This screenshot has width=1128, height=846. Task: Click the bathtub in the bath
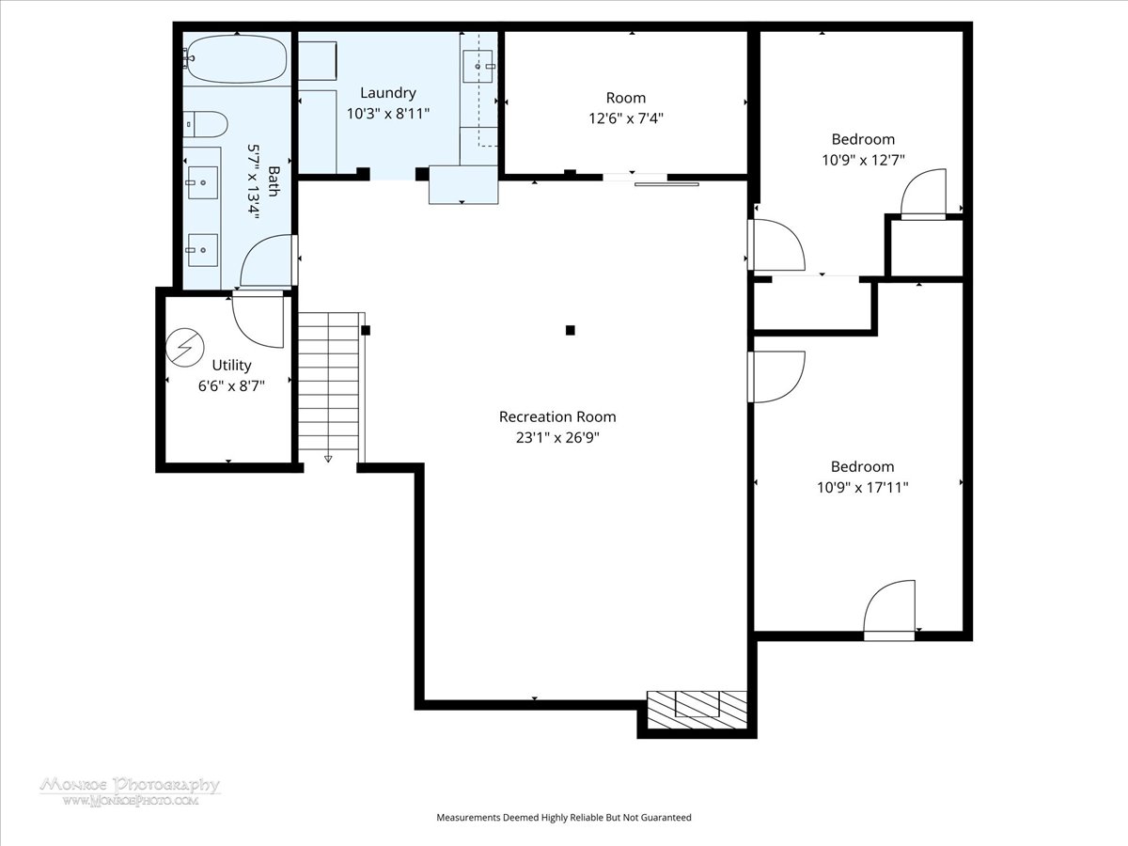(236, 59)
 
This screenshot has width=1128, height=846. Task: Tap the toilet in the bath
(205, 124)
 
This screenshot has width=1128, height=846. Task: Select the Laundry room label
(387, 93)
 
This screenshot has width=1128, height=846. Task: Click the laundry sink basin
(478, 66)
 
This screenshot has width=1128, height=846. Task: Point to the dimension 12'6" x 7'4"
(626, 118)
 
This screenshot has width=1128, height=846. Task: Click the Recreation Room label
(557, 416)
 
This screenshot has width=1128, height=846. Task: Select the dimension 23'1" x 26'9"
(557, 438)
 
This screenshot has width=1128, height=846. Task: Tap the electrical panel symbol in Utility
(185, 348)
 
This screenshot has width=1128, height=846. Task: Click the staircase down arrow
(328, 459)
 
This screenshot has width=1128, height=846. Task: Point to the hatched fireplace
(697, 710)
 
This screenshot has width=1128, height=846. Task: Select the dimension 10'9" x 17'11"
(863, 488)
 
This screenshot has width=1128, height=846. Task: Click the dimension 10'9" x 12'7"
(863, 160)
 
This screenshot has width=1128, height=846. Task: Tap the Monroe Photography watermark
(130, 791)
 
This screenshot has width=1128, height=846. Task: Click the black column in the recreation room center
(570, 330)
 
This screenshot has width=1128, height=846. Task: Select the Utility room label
(232, 366)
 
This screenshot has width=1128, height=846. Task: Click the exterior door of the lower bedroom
(889, 611)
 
